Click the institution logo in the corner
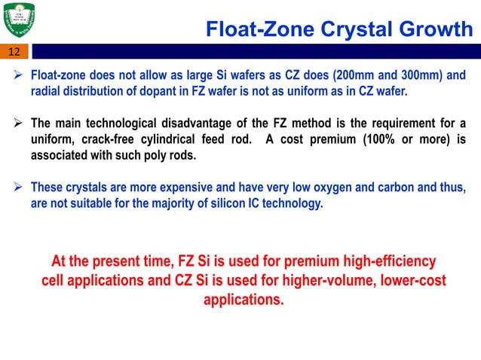23,20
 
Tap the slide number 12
14,52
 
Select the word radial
46,91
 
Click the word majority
179,203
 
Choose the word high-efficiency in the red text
374,262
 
